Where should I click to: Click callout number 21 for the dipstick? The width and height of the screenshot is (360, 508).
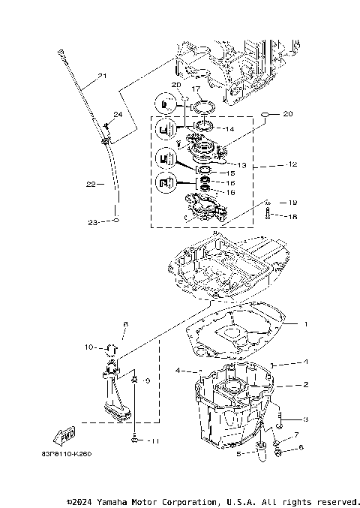coord(103,76)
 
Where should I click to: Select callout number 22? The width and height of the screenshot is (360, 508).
coord(90,184)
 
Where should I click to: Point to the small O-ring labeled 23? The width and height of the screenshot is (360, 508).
coord(116,222)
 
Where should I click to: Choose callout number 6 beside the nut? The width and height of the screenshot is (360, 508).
coord(301,448)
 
